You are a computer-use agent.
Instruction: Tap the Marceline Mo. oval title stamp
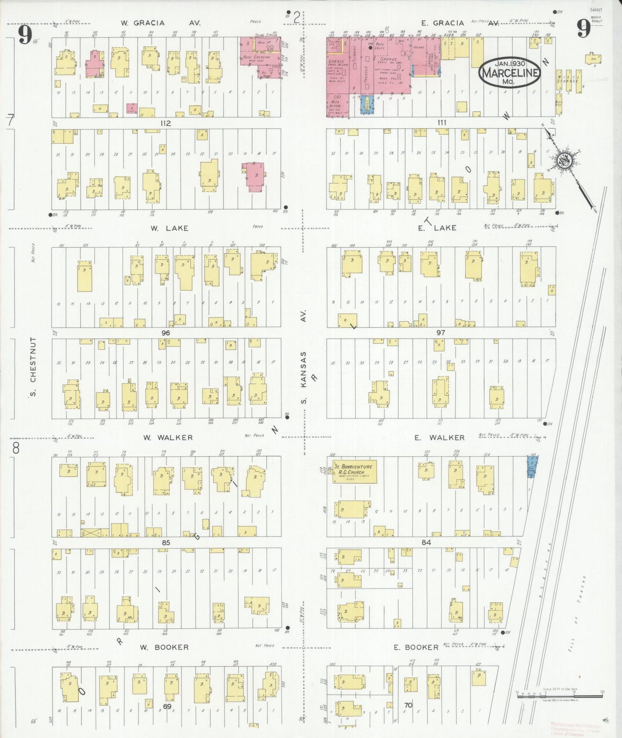(510, 72)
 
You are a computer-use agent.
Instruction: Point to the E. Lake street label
(437, 228)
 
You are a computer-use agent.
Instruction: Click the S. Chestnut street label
(34, 366)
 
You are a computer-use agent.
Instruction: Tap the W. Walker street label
(168, 437)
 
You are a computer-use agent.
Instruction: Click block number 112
(166, 123)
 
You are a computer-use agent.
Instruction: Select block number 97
(440, 333)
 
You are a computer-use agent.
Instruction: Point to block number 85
(166, 543)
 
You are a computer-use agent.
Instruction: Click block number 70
(408, 705)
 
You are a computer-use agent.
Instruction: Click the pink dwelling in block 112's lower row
(255, 177)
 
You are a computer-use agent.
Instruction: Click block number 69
(167, 707)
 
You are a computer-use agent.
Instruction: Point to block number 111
(442, 123)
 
